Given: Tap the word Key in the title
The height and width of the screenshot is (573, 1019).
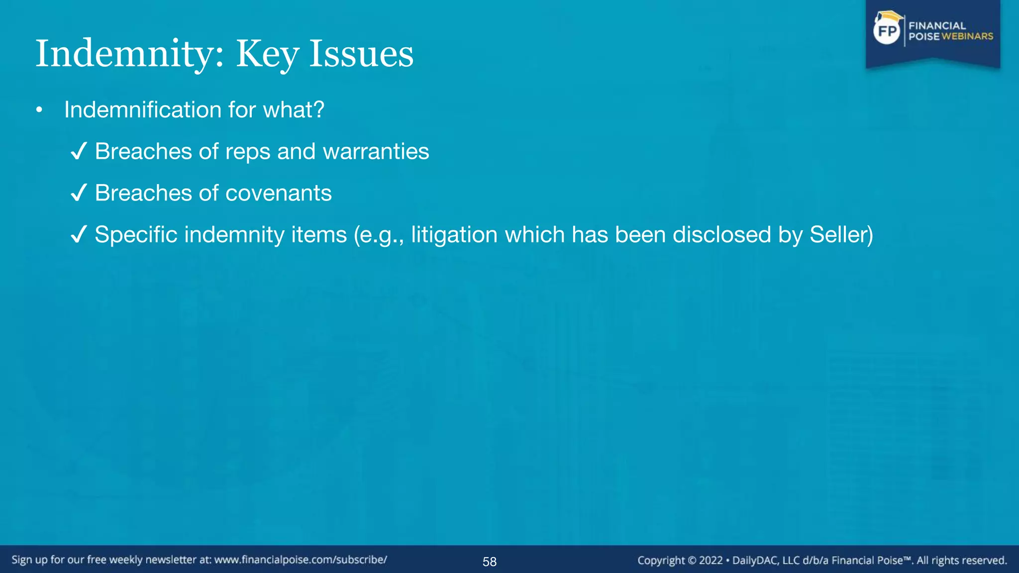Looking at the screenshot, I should click(x=267, y=54).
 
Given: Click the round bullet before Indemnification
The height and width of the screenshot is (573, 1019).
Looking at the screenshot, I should click(x=39, y=110).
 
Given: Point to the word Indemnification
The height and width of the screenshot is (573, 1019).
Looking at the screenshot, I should click(x=143, y=110).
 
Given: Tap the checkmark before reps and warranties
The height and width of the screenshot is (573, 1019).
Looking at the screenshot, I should click(x=79, y=151).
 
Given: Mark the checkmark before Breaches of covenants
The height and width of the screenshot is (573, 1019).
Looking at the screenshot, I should click(x=79, y=193).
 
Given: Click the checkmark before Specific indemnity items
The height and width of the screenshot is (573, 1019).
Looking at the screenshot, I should click(x=79, y=234).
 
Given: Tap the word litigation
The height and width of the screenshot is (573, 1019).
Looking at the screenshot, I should click(x=454, y=235).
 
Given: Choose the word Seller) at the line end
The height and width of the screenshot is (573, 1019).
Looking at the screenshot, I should click(x=841, y=235).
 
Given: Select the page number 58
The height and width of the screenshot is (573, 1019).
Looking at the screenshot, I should click(x=490, y=562).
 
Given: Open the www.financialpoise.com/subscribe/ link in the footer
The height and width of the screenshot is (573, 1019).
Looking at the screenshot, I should click(x=301, y=560).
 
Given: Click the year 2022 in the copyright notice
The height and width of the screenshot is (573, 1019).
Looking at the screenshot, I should click(x=711, y=561).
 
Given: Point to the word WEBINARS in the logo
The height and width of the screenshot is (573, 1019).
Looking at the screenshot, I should click(x=967, y=36).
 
